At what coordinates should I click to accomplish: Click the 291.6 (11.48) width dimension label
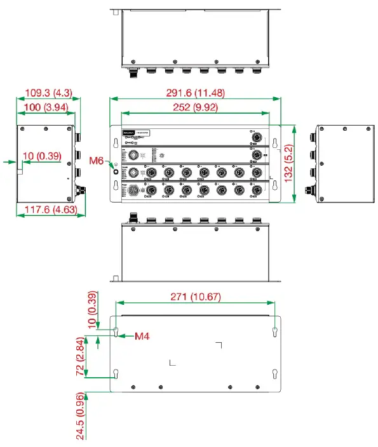195,93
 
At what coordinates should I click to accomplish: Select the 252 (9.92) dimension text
195,107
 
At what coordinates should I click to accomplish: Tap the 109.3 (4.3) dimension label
48,93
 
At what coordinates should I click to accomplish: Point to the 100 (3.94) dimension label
45,107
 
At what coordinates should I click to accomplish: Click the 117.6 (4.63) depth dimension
51,209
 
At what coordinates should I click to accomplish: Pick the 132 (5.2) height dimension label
289,163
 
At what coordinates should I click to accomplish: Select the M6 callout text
97,161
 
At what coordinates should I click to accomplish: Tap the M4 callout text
142,335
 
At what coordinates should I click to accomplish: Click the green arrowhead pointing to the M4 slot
122,335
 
